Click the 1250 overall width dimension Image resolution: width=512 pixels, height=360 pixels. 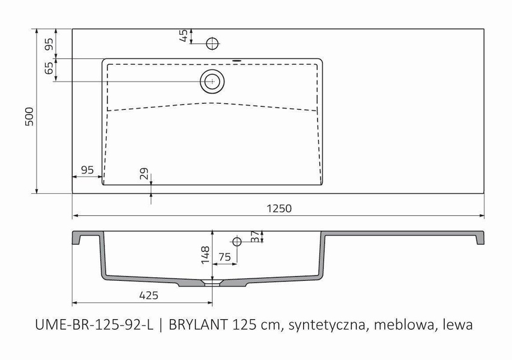tap(279, 208)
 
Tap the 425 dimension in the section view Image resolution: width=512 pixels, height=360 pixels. tap(148, 295)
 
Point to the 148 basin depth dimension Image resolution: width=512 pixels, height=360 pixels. tap(204, 255)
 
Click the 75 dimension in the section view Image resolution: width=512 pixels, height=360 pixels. tap(224, 257)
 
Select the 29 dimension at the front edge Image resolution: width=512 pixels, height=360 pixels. tap(143, 174)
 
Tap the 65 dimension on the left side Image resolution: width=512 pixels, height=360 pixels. tap(49, 68)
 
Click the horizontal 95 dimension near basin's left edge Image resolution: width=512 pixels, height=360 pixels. tap(87, 170)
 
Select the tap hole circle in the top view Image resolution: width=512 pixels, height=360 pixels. tap(212, 43)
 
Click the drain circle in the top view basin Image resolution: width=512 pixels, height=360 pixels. tap(212, 80)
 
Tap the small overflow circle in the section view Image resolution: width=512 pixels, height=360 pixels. tap(237, 242)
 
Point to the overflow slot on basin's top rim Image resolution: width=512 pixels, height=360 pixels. tap(236, 60)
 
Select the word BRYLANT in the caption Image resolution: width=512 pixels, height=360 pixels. tap(197, 325)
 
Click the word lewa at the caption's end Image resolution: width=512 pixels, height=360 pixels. tap(457, 325)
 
